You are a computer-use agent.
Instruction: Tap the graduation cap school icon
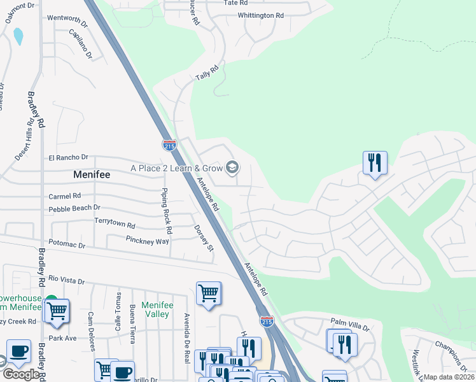[x=232, y=167]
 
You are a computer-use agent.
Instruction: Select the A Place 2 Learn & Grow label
[x=177, y=168]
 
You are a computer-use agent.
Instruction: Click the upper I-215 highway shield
[x=169, y=146]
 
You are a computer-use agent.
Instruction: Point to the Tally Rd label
[x=207, y=72]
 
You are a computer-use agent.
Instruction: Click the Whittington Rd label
[x=260, y=15]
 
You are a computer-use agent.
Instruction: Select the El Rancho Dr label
[x=68, y=157]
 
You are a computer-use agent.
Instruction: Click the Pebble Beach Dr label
[x=74, y=208]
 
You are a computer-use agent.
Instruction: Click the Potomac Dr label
[x=67, y=245]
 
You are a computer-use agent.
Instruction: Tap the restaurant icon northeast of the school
[x=375, y=162]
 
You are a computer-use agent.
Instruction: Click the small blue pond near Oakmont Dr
[x=18, y=36]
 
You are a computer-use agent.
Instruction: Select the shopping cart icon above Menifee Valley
[x=208, y=294]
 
